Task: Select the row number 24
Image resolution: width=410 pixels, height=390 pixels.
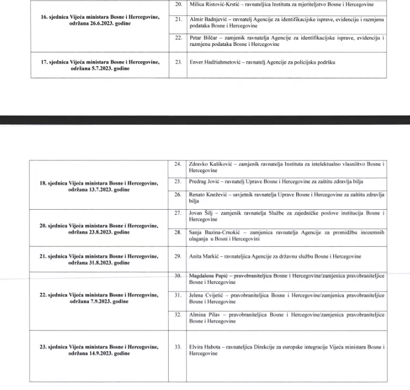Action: tap(178, 163)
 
